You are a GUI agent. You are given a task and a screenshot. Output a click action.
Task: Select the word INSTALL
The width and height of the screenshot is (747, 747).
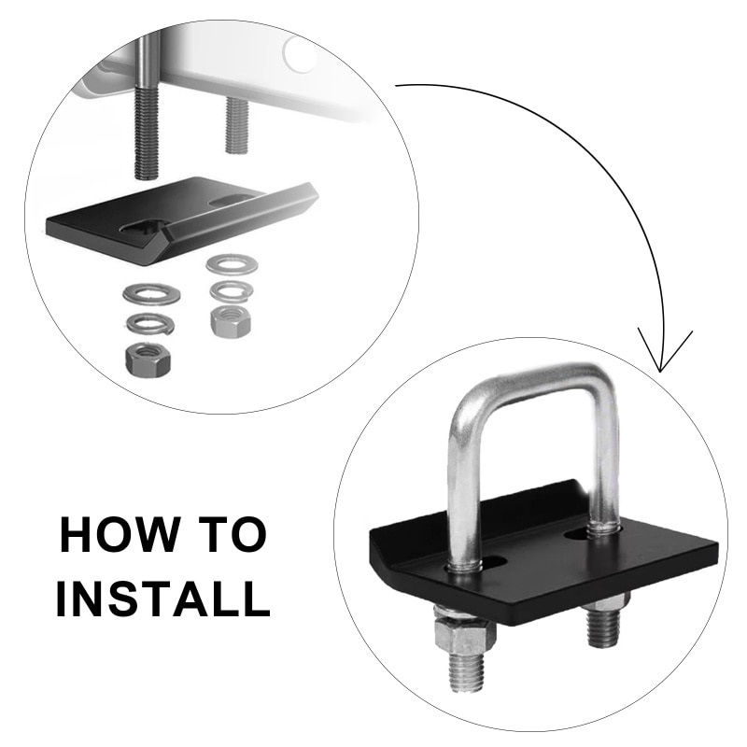pos(162,598)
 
